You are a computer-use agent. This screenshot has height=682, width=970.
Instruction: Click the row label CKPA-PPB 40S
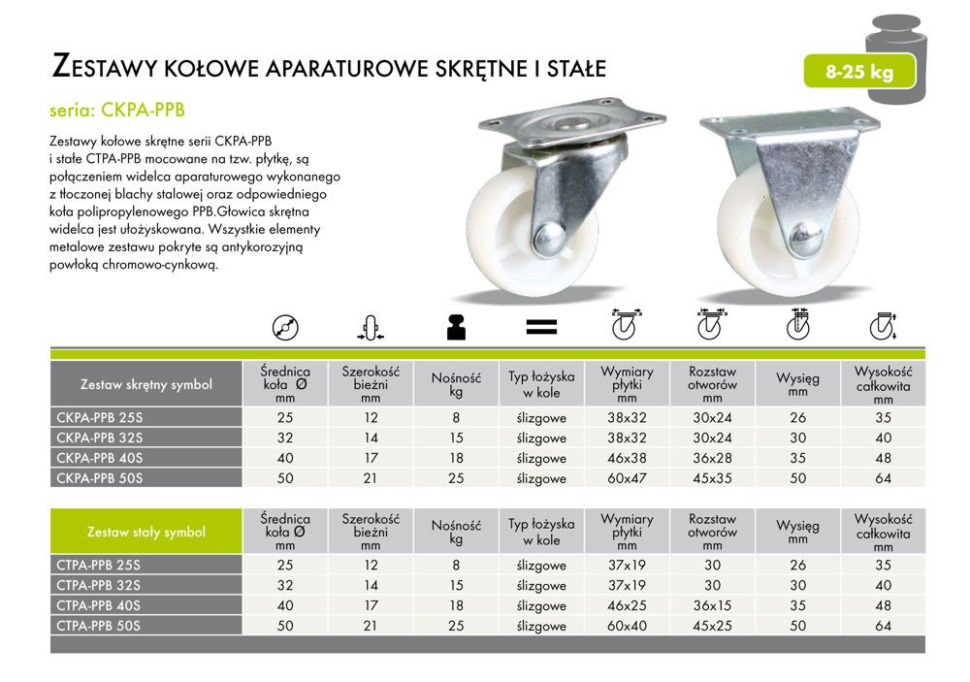coord(100,458)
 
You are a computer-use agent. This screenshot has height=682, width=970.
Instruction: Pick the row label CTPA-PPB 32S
coord(100,585)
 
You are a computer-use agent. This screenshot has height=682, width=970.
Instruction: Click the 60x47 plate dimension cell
coord(627,478)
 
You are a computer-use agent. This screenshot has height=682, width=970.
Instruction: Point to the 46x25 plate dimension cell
coord(627,605)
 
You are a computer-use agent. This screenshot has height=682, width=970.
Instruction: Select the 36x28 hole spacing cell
coord(713,458)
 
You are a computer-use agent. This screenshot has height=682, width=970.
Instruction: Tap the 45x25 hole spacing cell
coord(713,626)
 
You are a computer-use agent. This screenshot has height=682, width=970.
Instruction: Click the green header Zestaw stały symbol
coord(145,532)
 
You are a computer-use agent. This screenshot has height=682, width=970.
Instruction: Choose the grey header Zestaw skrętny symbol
coord(145,384)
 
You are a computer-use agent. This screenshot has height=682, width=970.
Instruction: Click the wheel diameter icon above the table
coord(284,328)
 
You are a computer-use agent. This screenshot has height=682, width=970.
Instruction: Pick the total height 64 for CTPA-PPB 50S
coord(883,626)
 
